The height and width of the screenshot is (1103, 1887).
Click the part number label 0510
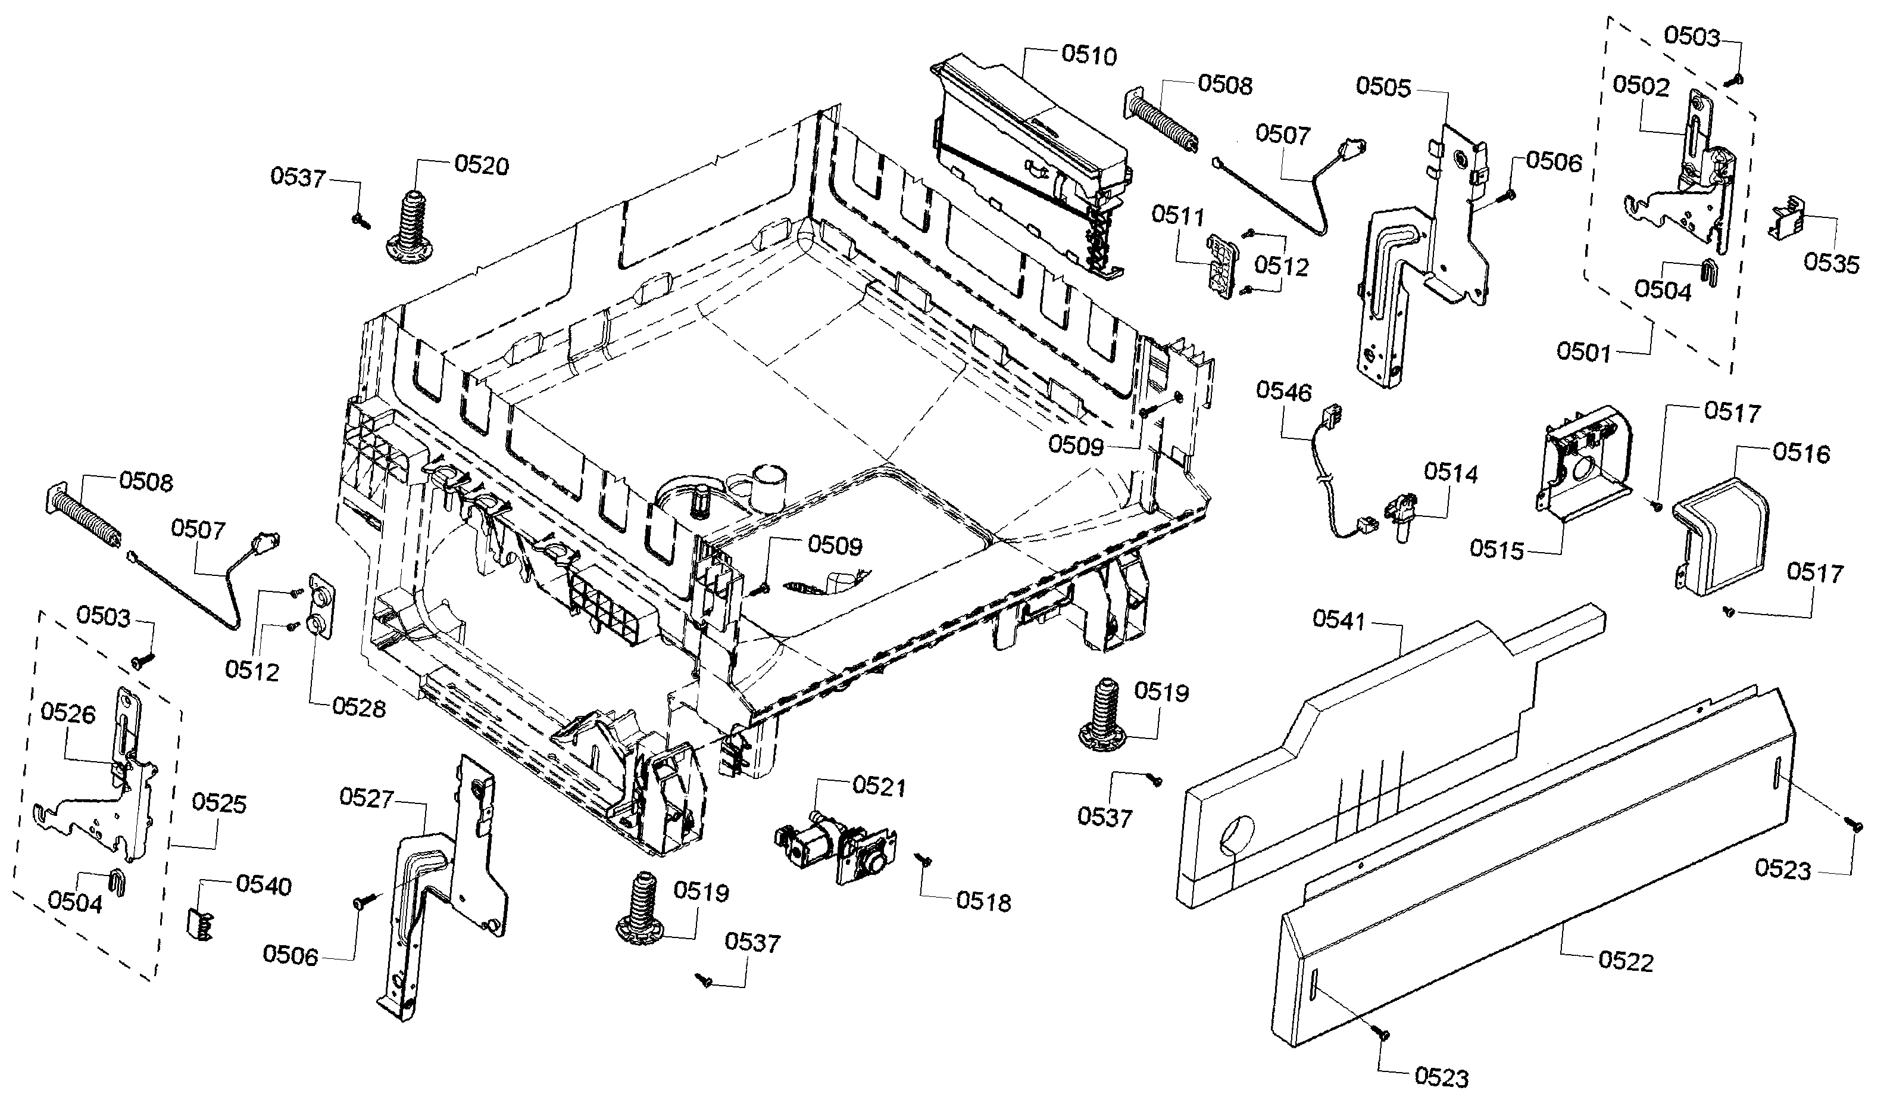1089,55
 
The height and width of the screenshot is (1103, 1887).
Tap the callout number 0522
1626,961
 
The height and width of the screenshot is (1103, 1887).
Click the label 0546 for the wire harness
1284,391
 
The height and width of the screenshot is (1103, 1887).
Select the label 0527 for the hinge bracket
366,798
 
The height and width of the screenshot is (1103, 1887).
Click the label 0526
68,713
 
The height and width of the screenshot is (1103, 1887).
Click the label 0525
218,803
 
